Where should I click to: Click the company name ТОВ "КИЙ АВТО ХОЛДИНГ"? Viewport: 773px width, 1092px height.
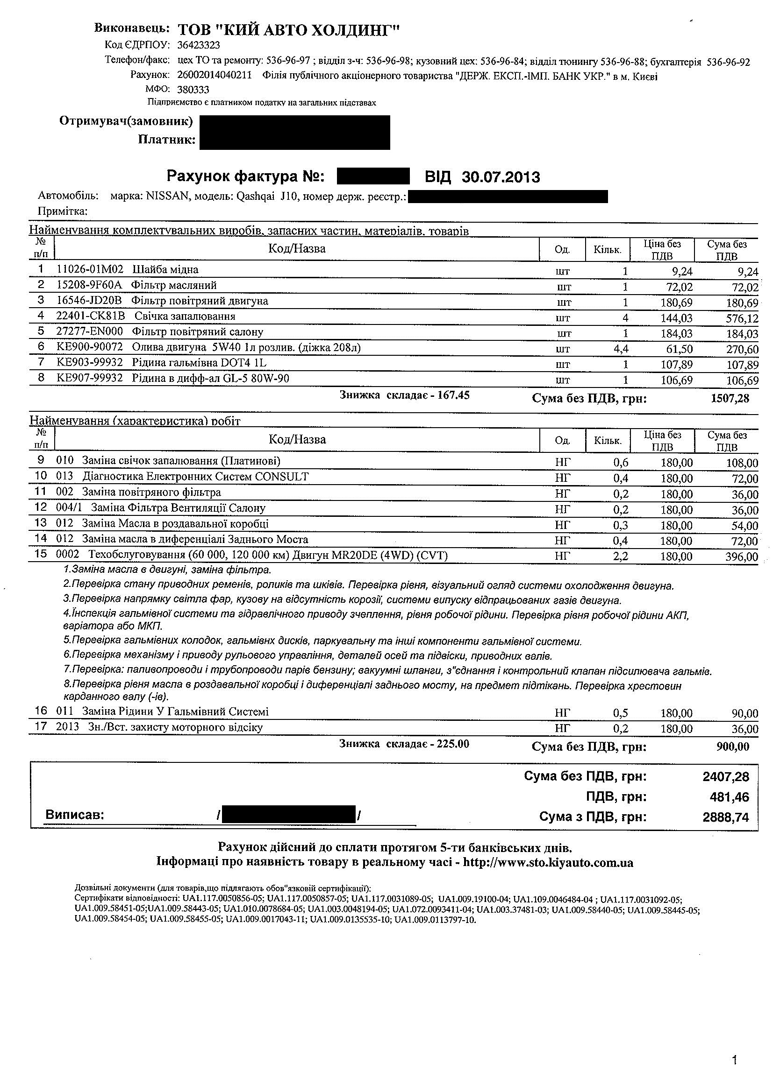tap(288, 30)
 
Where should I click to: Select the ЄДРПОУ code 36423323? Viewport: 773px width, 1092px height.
tap(199, 45)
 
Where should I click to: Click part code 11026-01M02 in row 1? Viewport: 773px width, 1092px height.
tap(90, 270)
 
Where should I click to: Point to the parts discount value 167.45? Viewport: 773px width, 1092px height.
tap(456, 395)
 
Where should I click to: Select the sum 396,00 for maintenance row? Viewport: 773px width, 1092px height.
tap(742, 557)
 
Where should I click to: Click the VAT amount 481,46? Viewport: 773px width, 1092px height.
tap(729, 796)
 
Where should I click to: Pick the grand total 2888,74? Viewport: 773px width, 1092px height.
tap(725, 817)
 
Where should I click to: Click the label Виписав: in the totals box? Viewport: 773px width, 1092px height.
tap(75, 815)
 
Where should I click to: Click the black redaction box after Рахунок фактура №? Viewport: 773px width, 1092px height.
tap(372, 176)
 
